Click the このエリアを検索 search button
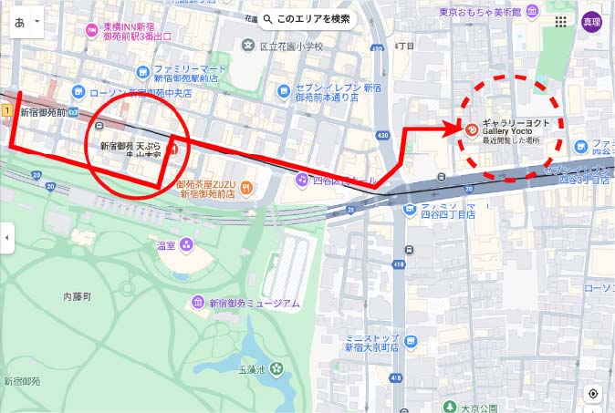[306, 19]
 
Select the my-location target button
[593, 394]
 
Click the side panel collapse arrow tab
[5, 239]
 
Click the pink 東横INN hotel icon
[91, 30]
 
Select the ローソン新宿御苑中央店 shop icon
[78, 91]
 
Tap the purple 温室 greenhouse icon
[186, 243]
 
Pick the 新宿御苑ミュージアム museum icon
[197, 303]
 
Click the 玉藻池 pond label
[251, 369]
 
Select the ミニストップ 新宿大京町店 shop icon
[411, 342]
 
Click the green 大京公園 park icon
[448, 406]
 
